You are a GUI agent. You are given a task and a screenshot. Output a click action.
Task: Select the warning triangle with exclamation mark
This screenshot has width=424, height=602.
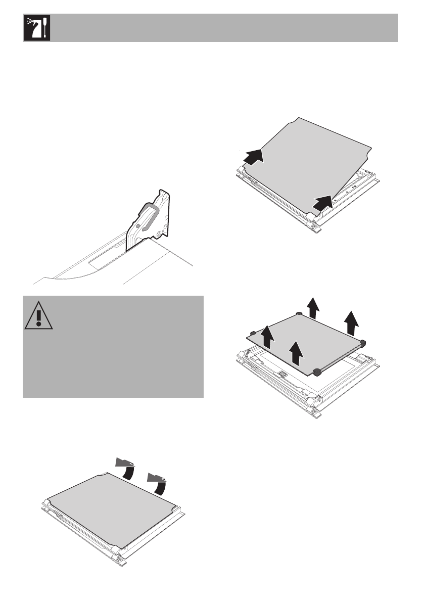[35, 317]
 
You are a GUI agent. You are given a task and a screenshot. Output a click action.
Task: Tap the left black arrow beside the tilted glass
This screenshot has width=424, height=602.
[253, 156]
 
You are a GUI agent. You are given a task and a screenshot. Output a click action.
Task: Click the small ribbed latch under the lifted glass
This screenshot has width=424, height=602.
[282, 375]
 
